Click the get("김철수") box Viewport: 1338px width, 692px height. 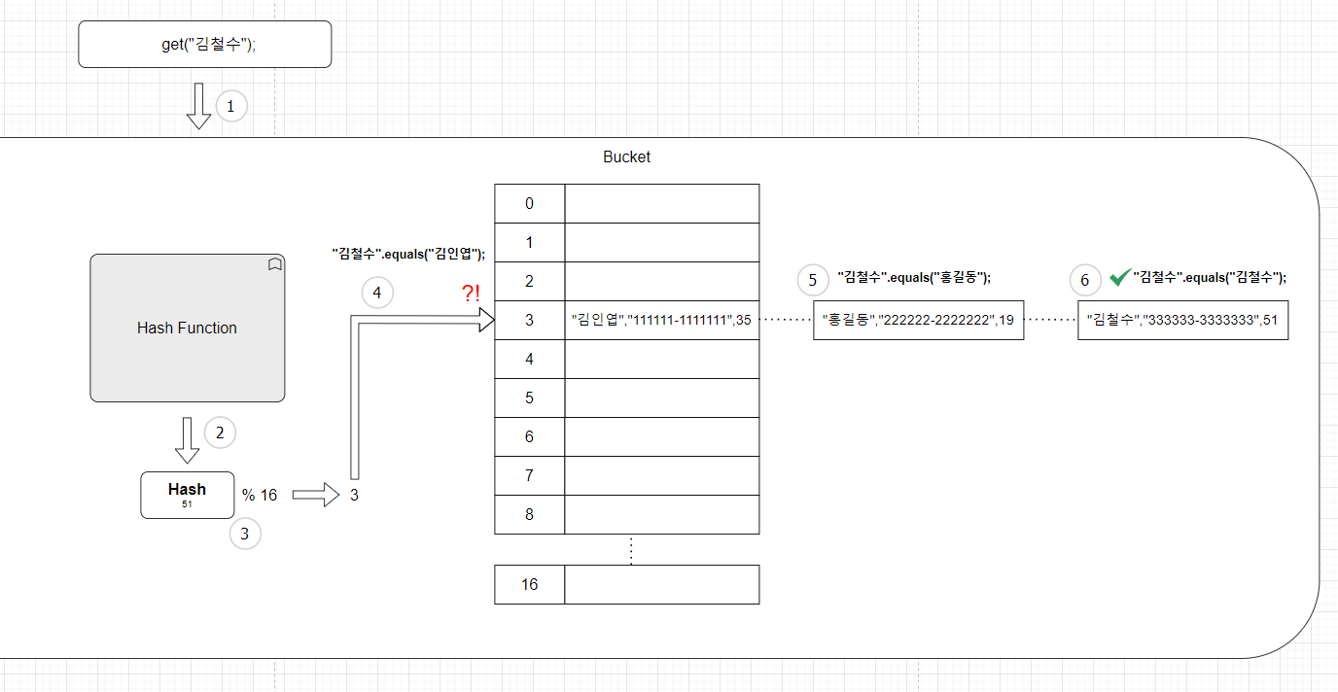205,44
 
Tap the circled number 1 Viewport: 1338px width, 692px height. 231,106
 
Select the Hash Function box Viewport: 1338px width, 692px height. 188,328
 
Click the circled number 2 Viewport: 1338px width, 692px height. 221,432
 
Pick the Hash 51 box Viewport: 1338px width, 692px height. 188,495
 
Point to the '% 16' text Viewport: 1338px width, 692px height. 260,495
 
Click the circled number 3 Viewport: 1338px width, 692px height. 245,534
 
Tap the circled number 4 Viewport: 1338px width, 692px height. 377,293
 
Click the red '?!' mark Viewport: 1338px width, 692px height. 472,293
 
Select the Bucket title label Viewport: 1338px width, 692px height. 626,157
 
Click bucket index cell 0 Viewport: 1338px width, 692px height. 530,203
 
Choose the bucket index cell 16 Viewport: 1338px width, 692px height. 530,584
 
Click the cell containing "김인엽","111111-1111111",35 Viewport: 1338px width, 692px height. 662,320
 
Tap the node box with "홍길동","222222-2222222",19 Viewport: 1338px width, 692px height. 919,320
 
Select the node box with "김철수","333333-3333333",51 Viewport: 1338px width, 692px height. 1183,320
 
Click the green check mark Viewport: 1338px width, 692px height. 1120,277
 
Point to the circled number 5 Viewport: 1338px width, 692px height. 813,280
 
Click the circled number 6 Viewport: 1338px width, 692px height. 1085,280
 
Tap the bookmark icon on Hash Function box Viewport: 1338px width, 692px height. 275,264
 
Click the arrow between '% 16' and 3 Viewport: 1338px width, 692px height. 316,495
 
